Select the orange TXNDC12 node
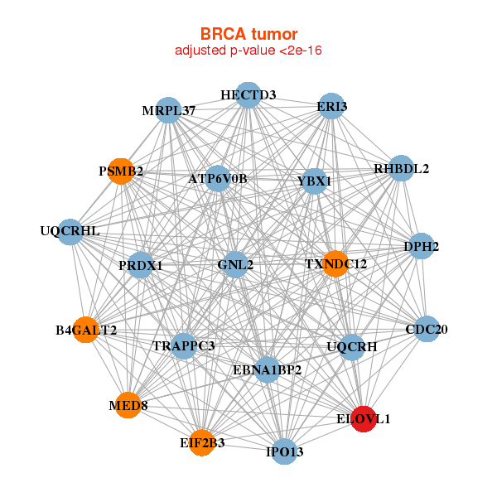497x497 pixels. pyautogui.click(x=335, y=263)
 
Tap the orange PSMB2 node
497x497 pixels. pyautogui.click(x=122, y=171)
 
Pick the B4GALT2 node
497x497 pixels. pyautogui.click(x=85, y=330)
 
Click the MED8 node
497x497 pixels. pyautogui.click(x=128, y=405)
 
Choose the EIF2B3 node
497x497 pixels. pyautogui.click(x=201, y=442)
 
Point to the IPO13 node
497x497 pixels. pyautogui.click(x=285, y=451)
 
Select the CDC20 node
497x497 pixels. pyautogui.click(x=427, y=329)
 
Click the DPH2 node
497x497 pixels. pyautogui.click(x=422, y=246)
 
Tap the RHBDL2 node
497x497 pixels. pyautogui.click(x=401, y=168)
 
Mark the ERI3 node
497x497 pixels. pyautogui.click(x=331, y=106)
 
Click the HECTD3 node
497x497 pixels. pyautogui.click(x=248, y=94)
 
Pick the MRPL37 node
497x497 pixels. pyautogui.click(x=168, y=110)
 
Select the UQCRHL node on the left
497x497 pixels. pyautogui.click(x=70, y=230)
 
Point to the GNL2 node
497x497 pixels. pyautogui.click(x=235, y=264)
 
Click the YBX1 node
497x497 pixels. pyautogui.click(x=314, y=180)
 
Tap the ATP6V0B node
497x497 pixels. pyautogui.click(x=217, y=177)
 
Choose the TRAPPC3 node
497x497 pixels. pyautogui.click(x=183, y=345)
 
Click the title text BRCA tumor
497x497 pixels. pyautogui.click(x=248, y=34)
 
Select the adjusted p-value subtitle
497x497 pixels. pyautogui.click(x=248, y=51)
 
